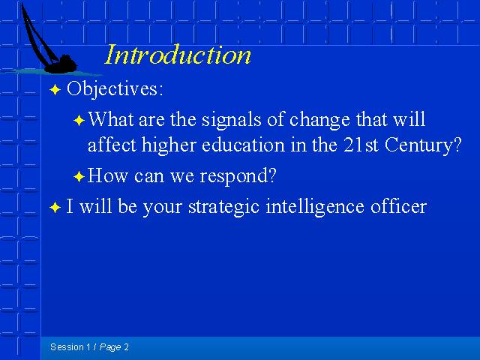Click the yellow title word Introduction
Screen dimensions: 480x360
[x=178, y=55]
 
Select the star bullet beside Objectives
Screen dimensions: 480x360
[x=55, y=90]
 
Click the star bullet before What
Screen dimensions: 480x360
[x=79, y=120]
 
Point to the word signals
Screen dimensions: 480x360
[x=231, y=120]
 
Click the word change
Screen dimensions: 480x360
[x=319, y=120]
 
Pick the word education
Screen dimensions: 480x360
[x=243, y=145]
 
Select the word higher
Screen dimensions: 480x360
[x=169, y=145]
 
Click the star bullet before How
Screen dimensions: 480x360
[x=79, y=177]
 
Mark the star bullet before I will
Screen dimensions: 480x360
[x=55, y=207]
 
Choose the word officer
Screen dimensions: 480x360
[x=398, y=205]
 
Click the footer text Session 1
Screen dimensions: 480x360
[x=70, y=347]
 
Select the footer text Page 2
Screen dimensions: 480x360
[x=114, y=347]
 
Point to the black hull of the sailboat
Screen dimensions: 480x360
[x=61, y=65]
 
